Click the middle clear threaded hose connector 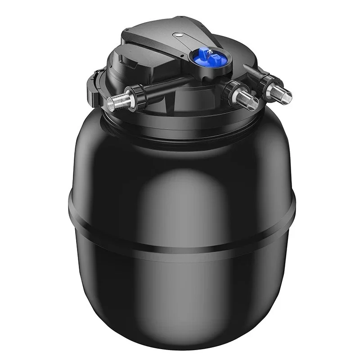[x=247, y=98]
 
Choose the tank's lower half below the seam [x=180, y=292]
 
